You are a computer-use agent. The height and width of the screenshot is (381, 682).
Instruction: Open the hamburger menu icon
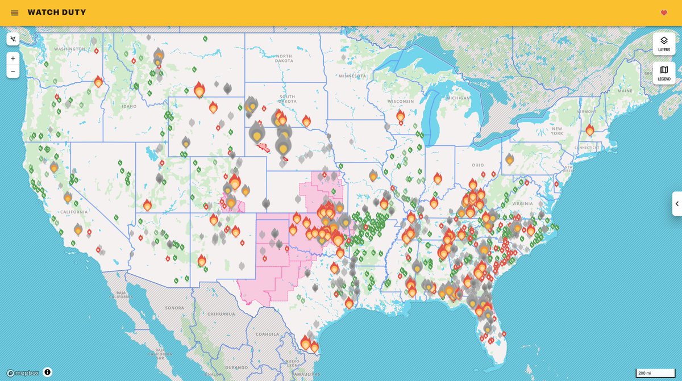(14, 13)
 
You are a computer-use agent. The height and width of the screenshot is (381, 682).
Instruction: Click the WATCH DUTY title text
(57, 12)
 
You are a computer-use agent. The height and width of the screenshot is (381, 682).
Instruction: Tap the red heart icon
(664, 13)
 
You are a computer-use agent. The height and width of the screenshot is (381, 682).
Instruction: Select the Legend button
(664, 73)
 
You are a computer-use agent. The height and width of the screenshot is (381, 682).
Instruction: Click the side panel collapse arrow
(676, 204)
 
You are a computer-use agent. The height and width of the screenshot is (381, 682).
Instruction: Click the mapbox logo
(23, 373)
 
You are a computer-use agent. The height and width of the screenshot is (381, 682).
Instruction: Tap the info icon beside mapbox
(48, 372)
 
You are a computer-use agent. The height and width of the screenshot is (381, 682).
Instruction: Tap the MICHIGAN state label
(458, 98)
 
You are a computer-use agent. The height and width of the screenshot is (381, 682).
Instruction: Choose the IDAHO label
(128, 106)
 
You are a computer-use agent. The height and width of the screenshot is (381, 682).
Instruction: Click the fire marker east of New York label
(590, 131)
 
